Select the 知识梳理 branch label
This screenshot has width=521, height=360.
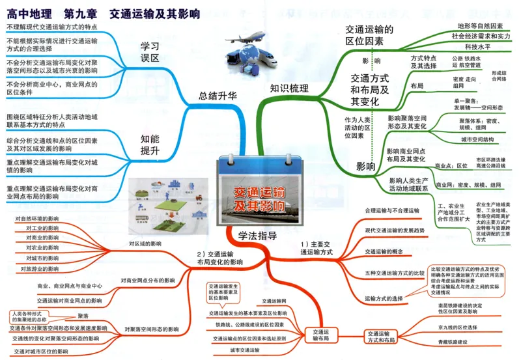point(289,89)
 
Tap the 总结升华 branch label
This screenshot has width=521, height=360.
point(218,95)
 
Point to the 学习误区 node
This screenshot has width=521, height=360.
point(150,52)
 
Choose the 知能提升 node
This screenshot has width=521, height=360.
point(150,144)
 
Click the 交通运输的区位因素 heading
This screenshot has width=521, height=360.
point(369,35)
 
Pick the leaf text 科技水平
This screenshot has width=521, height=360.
point(477,47)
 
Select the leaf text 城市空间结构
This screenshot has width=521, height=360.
point(481,139)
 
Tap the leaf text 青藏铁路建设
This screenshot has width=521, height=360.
point(453,342)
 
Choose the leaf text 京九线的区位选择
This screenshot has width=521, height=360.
point(458,327)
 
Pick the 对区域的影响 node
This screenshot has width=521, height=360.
point(145,243)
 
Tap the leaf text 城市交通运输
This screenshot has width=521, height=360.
point(244,351)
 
